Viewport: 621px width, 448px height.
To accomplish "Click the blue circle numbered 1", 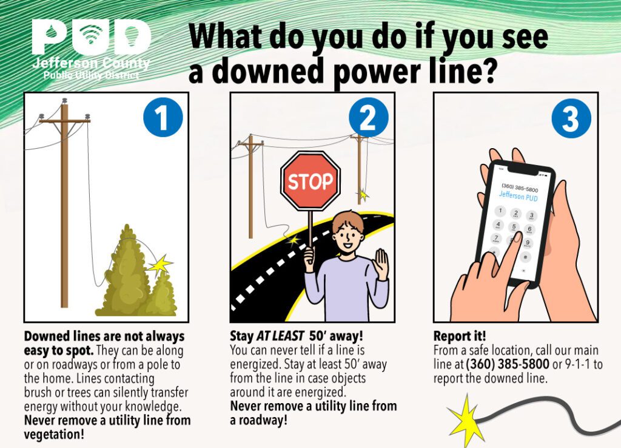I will click(x=163, y=117).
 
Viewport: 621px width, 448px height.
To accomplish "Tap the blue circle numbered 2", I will click(x=368, y=117).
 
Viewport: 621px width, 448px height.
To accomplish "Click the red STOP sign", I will click(x=310, y=181).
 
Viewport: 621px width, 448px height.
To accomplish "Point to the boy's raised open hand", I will click(x=381, y=264).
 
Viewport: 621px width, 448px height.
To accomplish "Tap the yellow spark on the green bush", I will click(x=160, y=265).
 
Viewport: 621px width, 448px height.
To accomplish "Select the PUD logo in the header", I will click(x=91, y=38).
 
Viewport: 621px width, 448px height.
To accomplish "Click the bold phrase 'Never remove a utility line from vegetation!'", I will click(x=107, y=427).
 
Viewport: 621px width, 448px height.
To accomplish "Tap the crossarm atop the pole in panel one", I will click(x=64, y=121).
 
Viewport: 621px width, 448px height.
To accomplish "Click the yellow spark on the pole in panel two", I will click(x=363, y=195).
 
